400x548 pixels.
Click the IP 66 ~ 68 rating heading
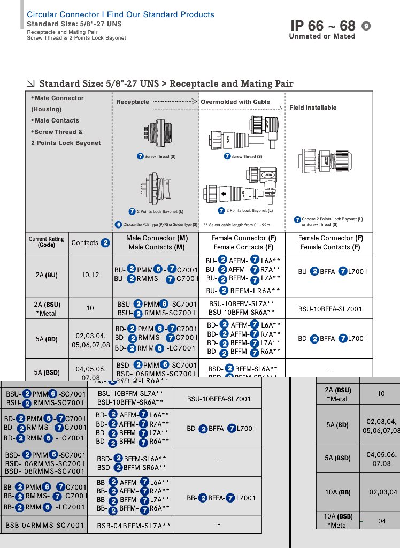(322, 26)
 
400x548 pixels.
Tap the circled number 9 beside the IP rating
(366, 26)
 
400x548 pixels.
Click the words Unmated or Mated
(322, 36)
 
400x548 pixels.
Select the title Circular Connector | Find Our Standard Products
(120, 14)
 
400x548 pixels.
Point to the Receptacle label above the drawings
(133, 102)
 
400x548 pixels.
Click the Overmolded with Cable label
(235, 102)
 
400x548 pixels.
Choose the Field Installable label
(313, 108)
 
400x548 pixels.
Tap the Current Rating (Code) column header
(47, 242)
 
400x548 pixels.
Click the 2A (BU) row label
(47, 275)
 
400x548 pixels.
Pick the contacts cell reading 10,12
(90, 275)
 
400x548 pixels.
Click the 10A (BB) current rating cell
(338, 492)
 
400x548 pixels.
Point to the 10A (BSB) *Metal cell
(338, 521)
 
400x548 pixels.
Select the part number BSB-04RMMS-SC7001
(45, 526)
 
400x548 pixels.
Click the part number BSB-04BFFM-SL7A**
(134, 526)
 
